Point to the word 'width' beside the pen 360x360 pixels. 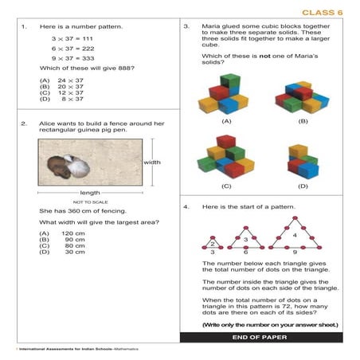152,162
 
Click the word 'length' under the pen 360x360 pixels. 90,193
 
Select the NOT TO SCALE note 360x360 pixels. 90,202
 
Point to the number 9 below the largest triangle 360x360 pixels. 295,252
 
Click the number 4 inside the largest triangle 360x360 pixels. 295,236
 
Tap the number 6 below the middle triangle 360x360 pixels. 246,252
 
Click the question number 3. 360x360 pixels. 186,26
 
